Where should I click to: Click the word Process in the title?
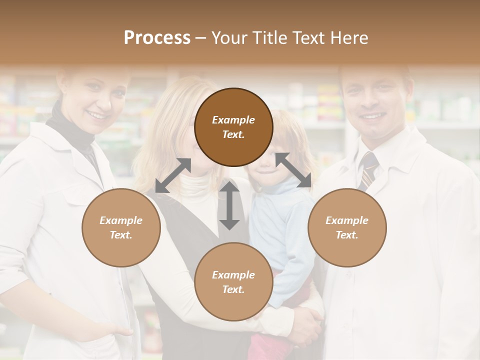pos(157,38)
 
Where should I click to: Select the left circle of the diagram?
pos(121,227)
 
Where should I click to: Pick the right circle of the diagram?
pos(347,227)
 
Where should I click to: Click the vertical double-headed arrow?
pos(229,205)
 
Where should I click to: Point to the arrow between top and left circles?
pos(173,175)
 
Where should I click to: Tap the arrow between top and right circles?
pos(293,170)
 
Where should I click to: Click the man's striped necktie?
pos(368,170)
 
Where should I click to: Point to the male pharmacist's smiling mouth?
pos(372,116)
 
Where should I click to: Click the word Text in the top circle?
pos(233,134)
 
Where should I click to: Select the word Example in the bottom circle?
pos(233,275)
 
